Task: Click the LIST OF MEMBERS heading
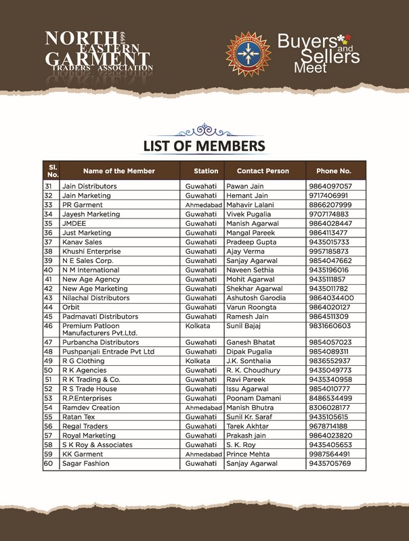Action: click(204, 145)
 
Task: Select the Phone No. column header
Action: click(329, 171)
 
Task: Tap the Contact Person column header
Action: click(263, 171)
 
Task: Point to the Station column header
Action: click(206, 171)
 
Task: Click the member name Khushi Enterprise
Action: click(91, 251)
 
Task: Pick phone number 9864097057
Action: click(330, 186)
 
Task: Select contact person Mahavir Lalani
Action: click(251, 204)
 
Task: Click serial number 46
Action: click(48, 325)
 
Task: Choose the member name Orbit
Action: click(70, 307)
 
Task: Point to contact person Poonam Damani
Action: click(253, 398)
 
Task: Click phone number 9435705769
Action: click(330, 463)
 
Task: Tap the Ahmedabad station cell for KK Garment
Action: click(204, 454)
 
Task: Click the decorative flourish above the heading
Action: click(204, 128)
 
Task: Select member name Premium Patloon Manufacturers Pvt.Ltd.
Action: click(100, 329)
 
